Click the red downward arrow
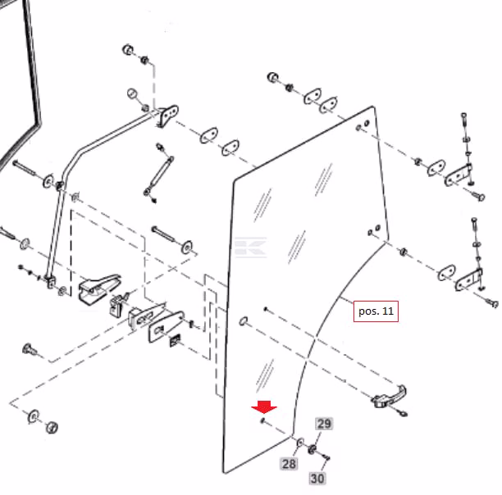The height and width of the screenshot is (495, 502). point(264,406)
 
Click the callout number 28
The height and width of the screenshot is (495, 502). point(289,464)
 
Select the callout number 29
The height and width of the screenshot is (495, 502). point(324,424)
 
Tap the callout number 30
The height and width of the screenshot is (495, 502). point(317,479)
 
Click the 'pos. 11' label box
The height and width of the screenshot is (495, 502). point(376,311)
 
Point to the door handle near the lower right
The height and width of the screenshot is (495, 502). point(389,398)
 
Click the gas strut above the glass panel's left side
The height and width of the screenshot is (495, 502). point(158,172)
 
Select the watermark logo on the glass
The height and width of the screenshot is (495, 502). point(250,247)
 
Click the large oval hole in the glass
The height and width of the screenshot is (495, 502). point(244,320)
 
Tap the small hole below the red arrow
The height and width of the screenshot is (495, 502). point(262,420)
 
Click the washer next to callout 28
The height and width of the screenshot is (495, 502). point(300,443)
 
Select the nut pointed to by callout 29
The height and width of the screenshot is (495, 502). point(312,449)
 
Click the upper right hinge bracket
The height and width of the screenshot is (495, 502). point(459,175)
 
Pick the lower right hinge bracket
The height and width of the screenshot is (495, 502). point(469,280)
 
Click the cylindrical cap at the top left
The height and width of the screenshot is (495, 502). point(128,49)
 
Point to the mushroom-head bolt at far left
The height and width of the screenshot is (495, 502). point(30,349)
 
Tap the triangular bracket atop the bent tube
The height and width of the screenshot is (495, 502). point(167,115)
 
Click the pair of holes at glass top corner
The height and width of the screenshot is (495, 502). point(363,125)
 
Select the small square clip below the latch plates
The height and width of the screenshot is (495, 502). point(175,340)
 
